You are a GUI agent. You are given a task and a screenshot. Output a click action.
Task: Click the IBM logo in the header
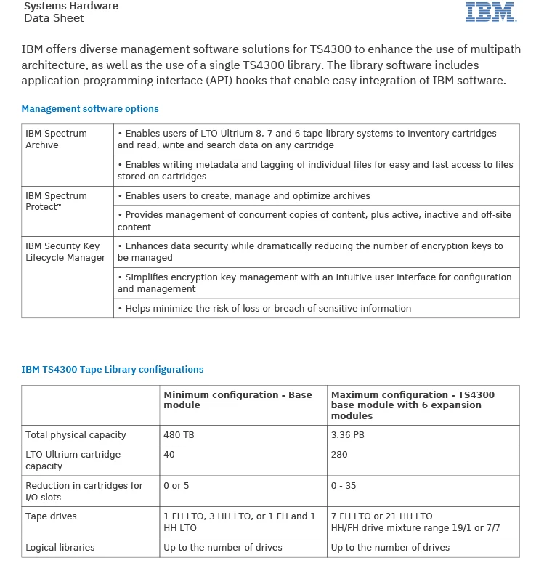490,12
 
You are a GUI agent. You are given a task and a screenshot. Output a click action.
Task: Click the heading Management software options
90,109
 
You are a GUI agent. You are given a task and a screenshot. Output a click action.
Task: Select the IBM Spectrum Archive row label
56,139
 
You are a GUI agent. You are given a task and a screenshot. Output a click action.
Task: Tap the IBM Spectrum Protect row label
56,201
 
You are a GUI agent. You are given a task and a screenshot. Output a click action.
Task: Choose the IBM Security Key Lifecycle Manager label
65,252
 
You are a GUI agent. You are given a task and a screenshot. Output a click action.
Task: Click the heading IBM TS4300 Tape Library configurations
113,370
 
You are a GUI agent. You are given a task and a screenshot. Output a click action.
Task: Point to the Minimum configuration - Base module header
238,400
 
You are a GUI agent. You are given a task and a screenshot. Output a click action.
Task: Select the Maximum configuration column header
413,405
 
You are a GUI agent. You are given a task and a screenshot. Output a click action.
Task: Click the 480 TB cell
179,435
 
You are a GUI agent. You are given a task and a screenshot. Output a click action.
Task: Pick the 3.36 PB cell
347,435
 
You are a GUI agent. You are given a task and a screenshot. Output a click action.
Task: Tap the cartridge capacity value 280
339,455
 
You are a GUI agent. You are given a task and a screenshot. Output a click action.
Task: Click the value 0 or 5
176,486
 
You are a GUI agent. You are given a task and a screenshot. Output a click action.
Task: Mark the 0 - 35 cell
344,486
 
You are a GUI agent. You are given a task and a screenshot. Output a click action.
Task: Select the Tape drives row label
51,516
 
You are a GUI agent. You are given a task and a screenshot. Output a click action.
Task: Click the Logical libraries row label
60,548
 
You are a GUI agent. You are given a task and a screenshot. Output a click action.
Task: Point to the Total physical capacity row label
76,435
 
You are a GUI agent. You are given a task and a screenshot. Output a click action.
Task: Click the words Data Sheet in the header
54,18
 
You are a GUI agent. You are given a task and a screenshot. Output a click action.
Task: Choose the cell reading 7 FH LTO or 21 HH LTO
381,516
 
